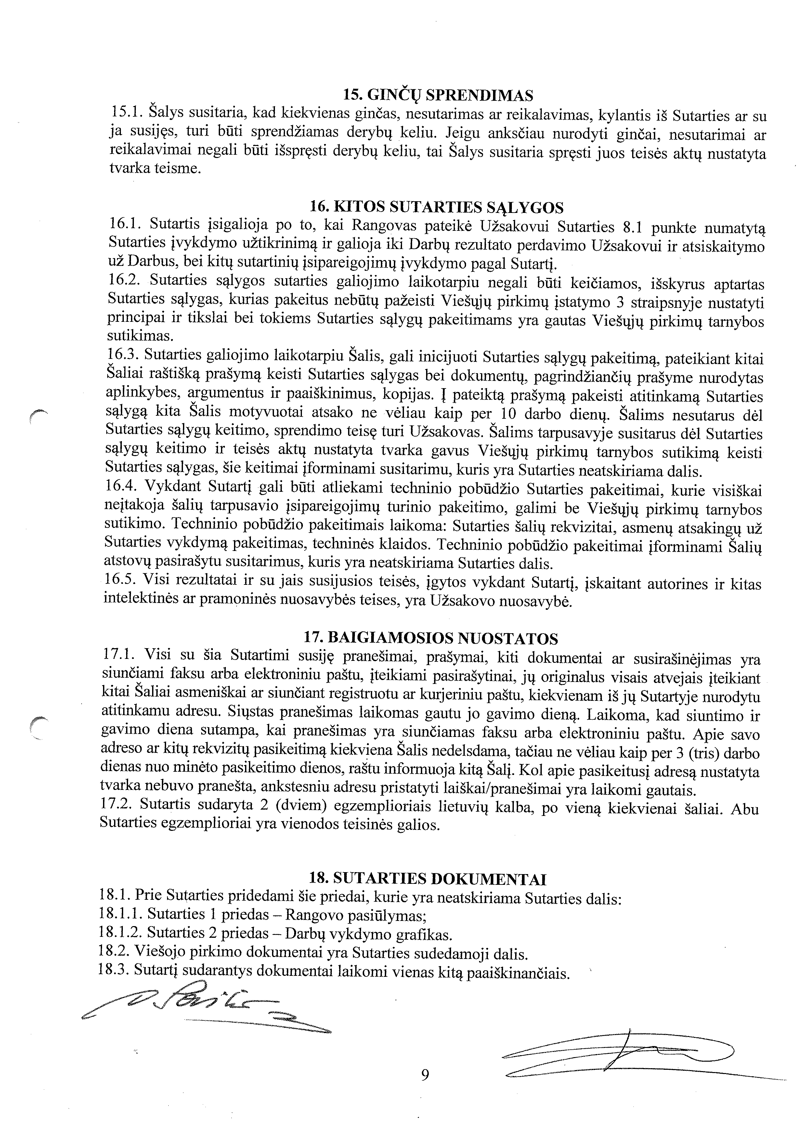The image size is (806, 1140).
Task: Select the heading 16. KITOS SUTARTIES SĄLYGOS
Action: click(437, 206)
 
